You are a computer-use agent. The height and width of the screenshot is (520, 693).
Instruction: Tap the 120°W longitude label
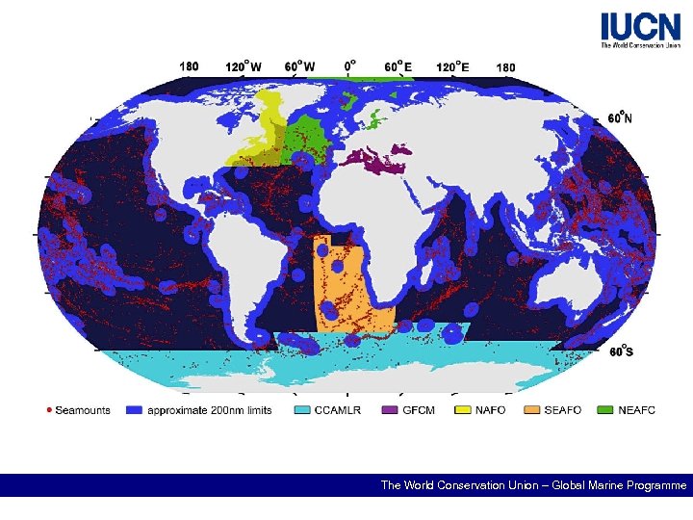(245, 66)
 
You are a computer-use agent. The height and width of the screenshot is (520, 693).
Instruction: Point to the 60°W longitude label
(300, 66)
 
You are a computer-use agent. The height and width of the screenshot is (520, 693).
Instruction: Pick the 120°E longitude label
(453, 66)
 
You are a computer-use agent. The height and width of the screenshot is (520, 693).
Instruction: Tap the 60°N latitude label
(621, 117)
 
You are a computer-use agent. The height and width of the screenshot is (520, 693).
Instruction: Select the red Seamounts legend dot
(50, 410)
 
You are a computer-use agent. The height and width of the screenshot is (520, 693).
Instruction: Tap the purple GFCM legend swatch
(389, 410)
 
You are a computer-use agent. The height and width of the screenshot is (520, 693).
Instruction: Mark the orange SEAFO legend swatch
(531, 410)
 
